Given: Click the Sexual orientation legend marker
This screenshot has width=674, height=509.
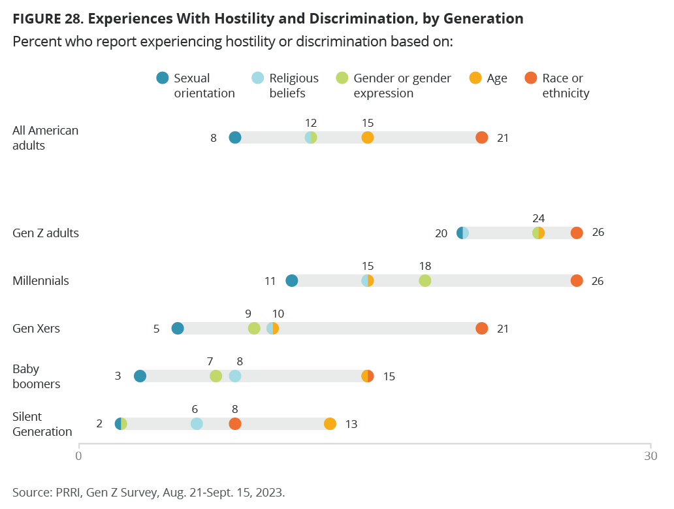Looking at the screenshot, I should click(x=163, y=78).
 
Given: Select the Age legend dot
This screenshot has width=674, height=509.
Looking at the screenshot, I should click(x=476, y=78).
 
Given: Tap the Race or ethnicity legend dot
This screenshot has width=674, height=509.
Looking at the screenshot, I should click(x=531, y=78).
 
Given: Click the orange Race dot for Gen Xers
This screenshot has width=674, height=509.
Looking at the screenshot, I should click(x=482, y=328).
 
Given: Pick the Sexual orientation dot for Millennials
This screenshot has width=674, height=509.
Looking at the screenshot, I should click(x=292, y=280).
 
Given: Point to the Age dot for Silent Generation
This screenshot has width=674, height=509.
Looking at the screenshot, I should click(x=330, y=424).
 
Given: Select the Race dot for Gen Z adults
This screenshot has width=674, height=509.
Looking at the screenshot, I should click(x=577, y=233).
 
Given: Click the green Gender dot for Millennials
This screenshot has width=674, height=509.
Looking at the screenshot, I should click(x=425, y=280).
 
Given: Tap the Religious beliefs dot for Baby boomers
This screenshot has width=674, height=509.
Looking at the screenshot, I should click(x=235, y=376).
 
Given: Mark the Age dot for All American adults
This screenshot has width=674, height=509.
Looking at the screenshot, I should click(x=368, y=137).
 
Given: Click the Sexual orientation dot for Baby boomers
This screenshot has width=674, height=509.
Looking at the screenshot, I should click(x=140, y=376).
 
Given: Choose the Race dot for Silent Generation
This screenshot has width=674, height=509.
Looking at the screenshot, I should click(x=235, y=424).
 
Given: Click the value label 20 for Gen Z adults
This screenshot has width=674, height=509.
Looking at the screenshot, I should click(x=441, y=233).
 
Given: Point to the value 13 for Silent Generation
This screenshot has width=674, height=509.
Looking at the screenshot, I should click(x=351, y=424).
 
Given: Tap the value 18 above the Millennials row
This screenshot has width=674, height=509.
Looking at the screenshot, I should click(x=425, y=266).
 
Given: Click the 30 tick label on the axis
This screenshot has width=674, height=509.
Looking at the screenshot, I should click(x=650, y=456).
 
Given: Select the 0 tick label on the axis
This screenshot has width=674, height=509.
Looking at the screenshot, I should click(x=78, y=456).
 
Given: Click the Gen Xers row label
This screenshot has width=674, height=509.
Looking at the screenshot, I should click(x=37, y=329).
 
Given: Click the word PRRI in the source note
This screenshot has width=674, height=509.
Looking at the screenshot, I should click(x=62, y=492).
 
